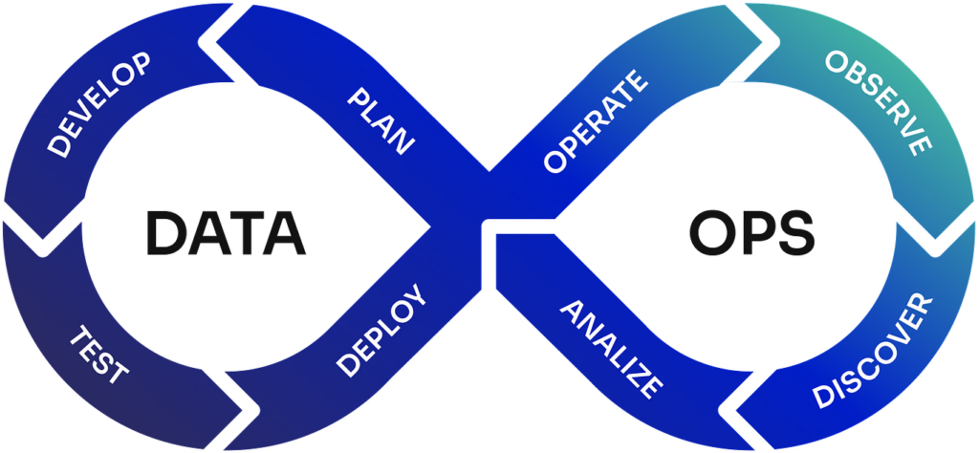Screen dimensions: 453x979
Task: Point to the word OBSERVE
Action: pyautogui.click(x=879, y=103)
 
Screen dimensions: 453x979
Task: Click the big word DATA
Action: pyautogui.click(x=227, y=232)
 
